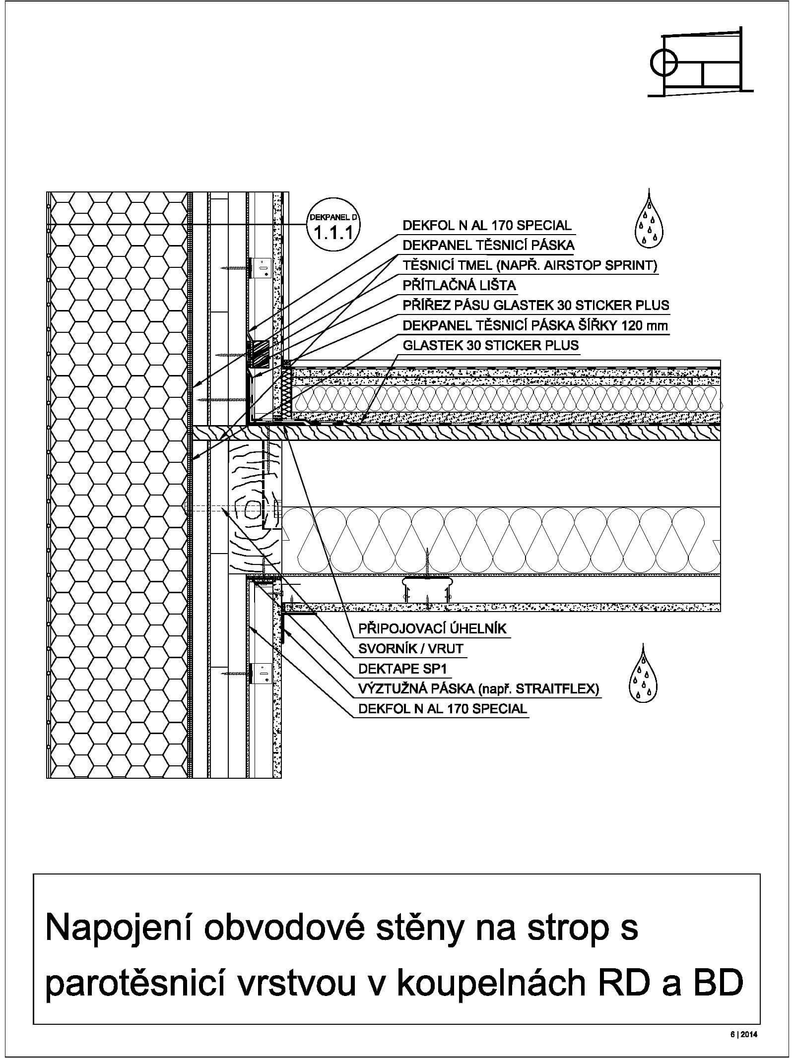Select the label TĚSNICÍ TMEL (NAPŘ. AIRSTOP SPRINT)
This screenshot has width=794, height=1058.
pyautogui.click(x=529, y=265)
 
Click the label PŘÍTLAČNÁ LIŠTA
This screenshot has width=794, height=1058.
pyautogui.click(x=459, y=285)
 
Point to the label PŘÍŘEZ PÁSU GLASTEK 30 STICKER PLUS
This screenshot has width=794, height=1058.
pyautogui.click(x=535, y=305)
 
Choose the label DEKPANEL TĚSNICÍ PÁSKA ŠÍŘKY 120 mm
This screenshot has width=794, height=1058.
pyautogui.click(x=535, y=325)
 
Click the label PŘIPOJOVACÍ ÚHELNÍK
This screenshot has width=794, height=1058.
pyautogui.click(x=432, y=628)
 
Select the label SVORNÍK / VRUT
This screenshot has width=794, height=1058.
pyautogui.click(x=410, y=648)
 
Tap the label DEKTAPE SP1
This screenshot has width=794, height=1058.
pyautogui.click(x=402, y=669)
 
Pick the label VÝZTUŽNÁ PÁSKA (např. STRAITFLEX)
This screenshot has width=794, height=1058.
pyautogui.click(x=478, y=688)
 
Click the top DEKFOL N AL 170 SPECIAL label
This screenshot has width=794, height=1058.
pyautogui.click(x=487, y=225)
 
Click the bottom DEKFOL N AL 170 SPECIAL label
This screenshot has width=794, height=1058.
pyautogui.click(x=442, y=708)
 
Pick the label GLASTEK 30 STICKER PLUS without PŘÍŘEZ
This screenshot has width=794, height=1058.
pyautogui.click(x=490, y=345)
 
